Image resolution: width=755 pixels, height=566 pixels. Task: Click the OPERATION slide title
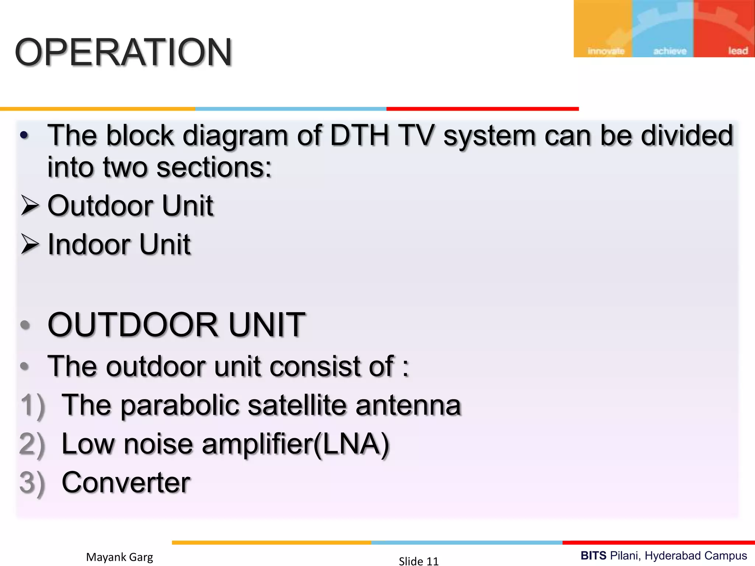point(123,52)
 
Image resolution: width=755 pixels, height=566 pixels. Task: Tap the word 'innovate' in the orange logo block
point(606,51)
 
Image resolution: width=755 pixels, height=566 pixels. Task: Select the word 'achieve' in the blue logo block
point(669,51)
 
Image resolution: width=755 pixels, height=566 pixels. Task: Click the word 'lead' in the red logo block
point(738,50)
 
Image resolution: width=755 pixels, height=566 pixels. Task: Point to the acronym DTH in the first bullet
point(359,136)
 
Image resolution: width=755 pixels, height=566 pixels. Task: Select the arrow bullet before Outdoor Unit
point(30,205)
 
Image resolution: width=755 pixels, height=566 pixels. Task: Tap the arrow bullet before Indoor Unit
point(30,244)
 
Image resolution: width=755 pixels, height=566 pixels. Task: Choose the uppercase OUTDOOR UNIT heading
point(176,325)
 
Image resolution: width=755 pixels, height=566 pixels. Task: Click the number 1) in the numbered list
point(32,405)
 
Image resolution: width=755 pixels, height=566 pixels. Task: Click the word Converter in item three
point(126,482)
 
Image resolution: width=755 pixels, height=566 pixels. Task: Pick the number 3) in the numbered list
point(32,483)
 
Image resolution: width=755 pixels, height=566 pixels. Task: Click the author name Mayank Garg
point(119,557)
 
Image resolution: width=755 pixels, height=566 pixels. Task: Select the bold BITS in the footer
point(593,555)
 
